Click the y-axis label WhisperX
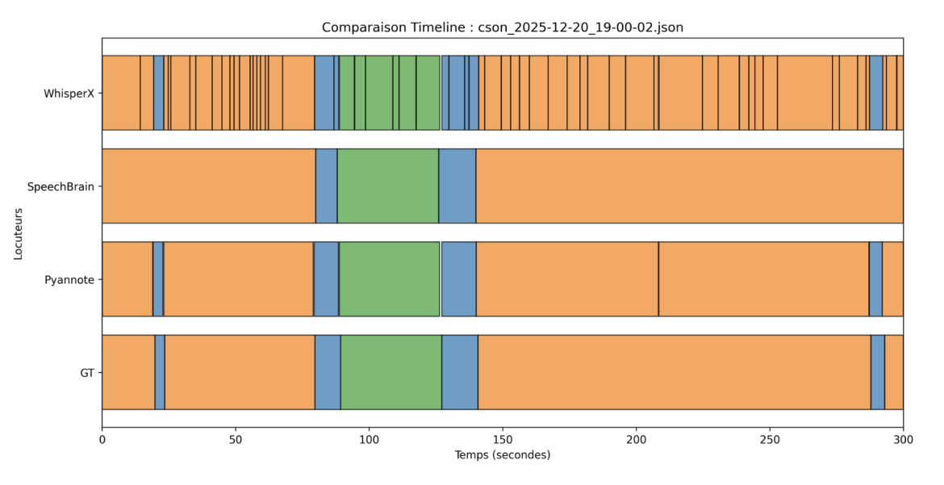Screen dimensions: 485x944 (69, 94)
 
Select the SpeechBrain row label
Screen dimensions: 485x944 (61, 186)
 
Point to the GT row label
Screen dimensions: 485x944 (86, 373)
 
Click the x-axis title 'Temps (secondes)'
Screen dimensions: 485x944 (502, 455)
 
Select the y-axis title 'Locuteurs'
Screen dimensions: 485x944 (18, 233)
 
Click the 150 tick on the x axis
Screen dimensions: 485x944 (502, 440)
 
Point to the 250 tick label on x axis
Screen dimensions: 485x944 (769, 440)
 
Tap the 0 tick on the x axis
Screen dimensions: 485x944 (102, 440)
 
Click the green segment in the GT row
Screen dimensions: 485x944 (391, 372)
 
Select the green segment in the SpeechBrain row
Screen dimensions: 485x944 (387, 186)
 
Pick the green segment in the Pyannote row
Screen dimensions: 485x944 (389, 279)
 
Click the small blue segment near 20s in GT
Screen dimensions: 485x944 (160, 372)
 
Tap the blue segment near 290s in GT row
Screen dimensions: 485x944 (878, 372)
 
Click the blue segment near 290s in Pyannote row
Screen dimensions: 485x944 (875, 279)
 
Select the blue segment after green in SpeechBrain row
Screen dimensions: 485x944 (457, 186)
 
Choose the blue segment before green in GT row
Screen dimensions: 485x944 (328, 372)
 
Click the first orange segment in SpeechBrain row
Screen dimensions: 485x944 (208, 186)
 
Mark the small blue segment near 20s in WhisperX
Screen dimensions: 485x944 (159, 93)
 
